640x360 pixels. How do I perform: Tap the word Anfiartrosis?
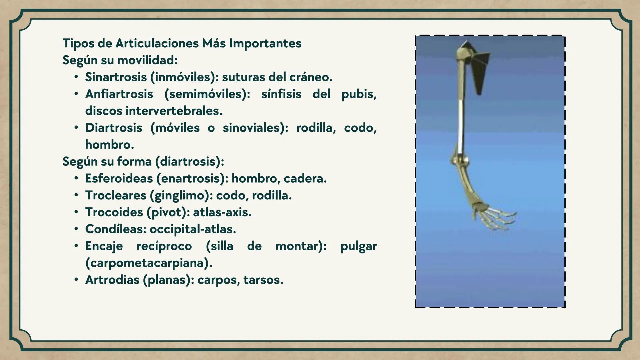119,94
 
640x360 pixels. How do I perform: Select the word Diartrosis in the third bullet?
114,128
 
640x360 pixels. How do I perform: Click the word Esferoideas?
119,178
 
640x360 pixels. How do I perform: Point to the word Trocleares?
115,195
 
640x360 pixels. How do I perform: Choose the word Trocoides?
114,212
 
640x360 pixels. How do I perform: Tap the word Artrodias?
112,280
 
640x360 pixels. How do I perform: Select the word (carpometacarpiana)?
149,263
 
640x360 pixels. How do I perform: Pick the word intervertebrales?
174,111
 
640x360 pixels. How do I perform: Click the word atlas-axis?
222,212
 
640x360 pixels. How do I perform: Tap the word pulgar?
358,246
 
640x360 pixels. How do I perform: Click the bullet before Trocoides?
76,212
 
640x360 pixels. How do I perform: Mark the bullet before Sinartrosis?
76,77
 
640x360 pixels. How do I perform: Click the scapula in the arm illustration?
479,70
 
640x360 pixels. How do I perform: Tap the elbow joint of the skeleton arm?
459,160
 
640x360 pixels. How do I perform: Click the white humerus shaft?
461,123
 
